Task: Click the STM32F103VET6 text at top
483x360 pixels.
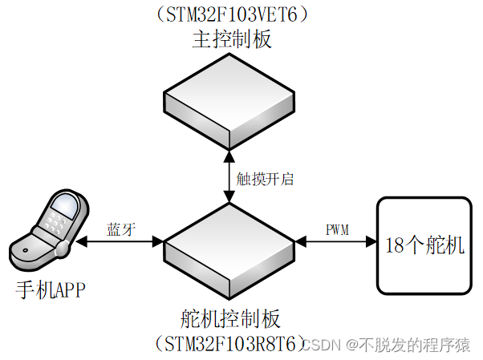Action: coord(230,15)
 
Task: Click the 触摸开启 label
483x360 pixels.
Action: coord(266,179)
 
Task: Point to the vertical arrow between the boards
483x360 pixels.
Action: coord(230,179)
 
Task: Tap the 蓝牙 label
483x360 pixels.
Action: coord(121,229)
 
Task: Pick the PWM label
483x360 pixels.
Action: coord(337,229)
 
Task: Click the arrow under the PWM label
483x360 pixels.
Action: coord(337,241)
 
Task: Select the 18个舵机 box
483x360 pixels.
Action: coord(425,245)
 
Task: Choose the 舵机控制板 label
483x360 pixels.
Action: coord(230,318)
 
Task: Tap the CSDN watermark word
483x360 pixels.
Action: coord(326,346)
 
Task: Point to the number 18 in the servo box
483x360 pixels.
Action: coord(396,246)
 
